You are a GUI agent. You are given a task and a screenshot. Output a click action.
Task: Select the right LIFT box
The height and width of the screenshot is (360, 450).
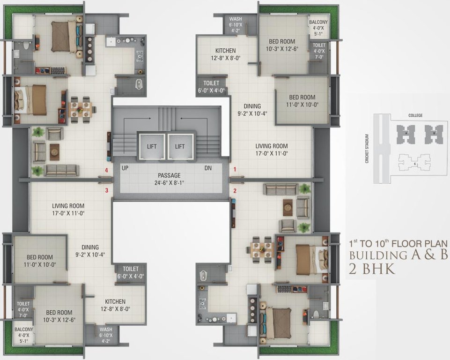pos(180,147)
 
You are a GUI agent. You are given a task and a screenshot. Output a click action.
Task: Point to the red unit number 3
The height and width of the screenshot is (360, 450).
pos(107,190)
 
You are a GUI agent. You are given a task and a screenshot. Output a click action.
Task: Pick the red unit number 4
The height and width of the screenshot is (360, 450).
pos(107,170)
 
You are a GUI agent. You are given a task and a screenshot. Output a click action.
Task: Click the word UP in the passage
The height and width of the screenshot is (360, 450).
pos(125,168)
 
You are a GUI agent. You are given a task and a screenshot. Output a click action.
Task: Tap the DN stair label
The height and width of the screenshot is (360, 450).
pos(208,168)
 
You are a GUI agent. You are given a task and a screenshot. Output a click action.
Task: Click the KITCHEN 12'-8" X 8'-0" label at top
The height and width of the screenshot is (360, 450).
pos(225,54)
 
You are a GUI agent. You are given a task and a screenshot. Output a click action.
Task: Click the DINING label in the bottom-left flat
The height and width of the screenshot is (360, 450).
pos(90,251)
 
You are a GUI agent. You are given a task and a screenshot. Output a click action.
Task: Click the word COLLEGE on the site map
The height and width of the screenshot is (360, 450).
pos(415,115)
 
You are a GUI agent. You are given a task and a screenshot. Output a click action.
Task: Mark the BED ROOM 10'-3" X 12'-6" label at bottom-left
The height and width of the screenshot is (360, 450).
pos(59,316)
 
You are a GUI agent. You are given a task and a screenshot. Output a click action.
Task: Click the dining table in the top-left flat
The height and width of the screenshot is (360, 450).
pos(80,107)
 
